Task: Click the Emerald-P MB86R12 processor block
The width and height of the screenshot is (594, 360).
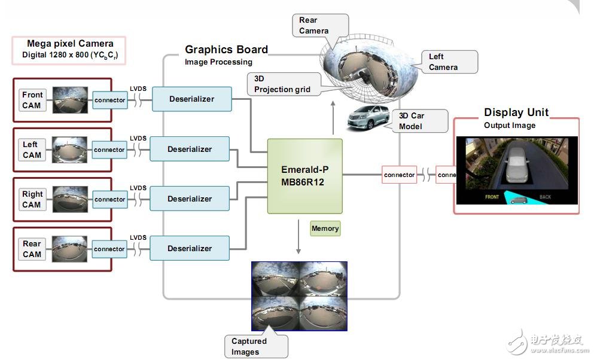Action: (304, 176)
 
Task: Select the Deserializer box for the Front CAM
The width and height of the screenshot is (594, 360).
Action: (191, 99)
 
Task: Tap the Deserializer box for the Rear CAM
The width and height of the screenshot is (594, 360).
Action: (190, 248)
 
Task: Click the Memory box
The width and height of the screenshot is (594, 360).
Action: (325, 228)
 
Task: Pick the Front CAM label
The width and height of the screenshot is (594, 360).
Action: (32, 100)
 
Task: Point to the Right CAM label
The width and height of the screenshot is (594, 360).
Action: (32, 199)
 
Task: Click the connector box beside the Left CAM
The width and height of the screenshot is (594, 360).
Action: (109, 150)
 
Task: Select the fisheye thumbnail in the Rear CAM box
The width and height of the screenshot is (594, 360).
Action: (70, 249)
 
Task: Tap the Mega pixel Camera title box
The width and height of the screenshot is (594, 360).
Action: (69, 50)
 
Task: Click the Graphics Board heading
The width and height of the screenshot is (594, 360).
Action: (226, 50)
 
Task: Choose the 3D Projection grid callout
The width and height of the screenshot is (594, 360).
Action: (284, 84)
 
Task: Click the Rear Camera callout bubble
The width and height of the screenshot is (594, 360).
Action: (320, 25)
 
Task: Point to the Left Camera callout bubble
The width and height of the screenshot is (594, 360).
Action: (449, 62)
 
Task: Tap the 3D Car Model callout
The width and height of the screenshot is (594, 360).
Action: (419, 121)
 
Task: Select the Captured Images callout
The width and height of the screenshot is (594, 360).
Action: (255, 346)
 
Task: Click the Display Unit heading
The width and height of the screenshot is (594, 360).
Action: (516, 112)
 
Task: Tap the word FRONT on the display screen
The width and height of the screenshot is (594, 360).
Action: (492, 197)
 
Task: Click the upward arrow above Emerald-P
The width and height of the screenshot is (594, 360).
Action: (333, 118)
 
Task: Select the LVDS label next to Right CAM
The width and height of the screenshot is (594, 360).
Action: (138, 188)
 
